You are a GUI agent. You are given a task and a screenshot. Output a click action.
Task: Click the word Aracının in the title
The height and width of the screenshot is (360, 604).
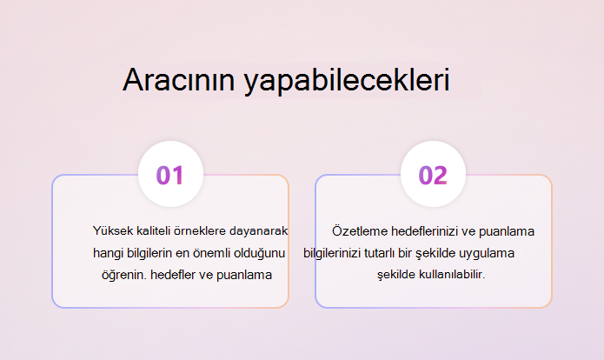coord(179,79)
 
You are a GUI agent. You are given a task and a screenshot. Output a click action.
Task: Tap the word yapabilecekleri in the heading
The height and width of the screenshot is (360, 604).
coord(347,82)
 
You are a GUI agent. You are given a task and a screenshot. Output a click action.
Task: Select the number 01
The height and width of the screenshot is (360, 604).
coord(169,176)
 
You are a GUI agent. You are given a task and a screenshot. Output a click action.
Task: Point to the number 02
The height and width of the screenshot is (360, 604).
coord(433,176)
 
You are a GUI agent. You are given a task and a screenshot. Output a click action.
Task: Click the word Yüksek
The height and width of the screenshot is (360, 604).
coord(113,230)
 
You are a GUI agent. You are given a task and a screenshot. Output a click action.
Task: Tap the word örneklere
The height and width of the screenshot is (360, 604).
coord(200,230)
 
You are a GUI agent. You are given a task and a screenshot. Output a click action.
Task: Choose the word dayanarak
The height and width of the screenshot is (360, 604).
coord(258,231)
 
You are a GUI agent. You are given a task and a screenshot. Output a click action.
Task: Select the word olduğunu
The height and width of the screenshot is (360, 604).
coord(260,254)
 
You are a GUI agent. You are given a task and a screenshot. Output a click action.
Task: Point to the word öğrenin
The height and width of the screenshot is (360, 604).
coord(124,275)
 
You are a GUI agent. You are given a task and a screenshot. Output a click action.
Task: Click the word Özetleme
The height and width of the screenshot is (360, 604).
coord(360,231)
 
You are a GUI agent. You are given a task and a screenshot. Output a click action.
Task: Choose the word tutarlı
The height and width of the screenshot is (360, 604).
coord(380,253)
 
